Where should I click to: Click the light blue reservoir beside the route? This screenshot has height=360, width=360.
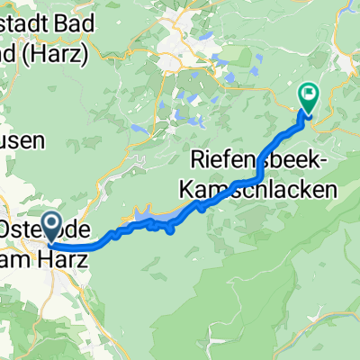pyautogui.click(x=142, y=213)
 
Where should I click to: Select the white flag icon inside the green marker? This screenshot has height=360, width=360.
pyautogui.click(x=309, y=91)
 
